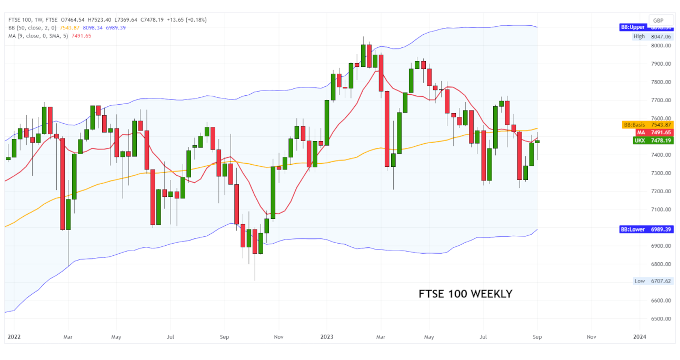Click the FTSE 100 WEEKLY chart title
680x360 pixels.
(465, 294)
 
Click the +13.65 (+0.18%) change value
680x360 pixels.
(186, 20)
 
